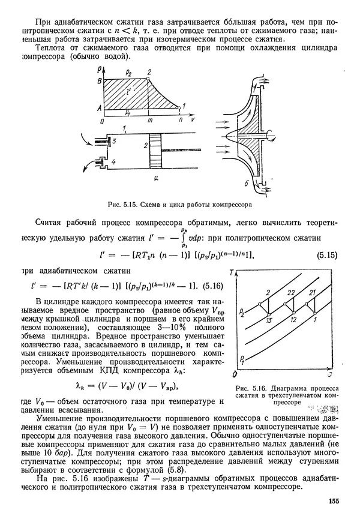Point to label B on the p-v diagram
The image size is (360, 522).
coord(106,80)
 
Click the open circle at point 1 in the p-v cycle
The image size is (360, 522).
coord(179,109)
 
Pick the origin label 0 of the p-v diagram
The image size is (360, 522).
coord(103,121)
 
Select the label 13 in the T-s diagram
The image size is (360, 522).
coord(268,322)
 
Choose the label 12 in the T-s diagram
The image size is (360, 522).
coord(293,321)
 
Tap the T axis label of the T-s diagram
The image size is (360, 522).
coord(239,275)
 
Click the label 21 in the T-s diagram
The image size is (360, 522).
coord(311,292)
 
